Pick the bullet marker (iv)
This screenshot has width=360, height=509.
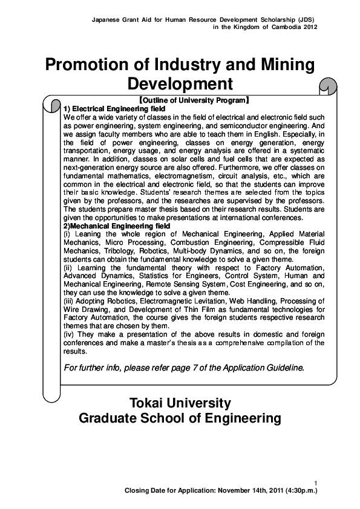point(68,334)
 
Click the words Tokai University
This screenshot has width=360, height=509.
point(180,403)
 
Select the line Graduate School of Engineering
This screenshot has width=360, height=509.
point(180,418)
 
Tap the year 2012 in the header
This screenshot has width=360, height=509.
point(309,27)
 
